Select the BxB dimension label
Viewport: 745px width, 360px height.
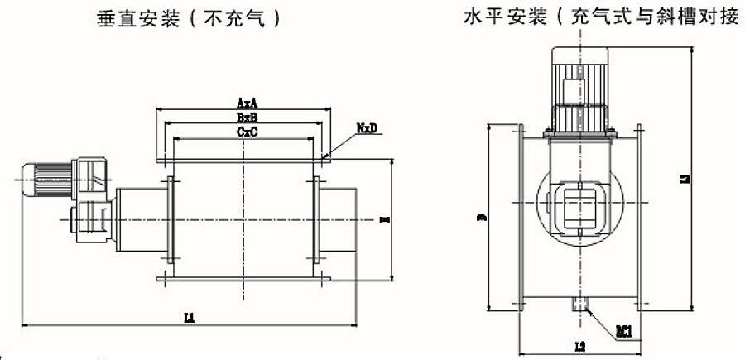point(245,118)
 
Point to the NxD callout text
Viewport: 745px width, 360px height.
point(368,129)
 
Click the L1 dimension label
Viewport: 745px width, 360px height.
point(189,318)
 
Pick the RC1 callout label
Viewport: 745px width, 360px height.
point(623,331)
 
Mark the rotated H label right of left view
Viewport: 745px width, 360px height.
point(382,220)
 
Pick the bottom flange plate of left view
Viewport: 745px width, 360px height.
point(245,281)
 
